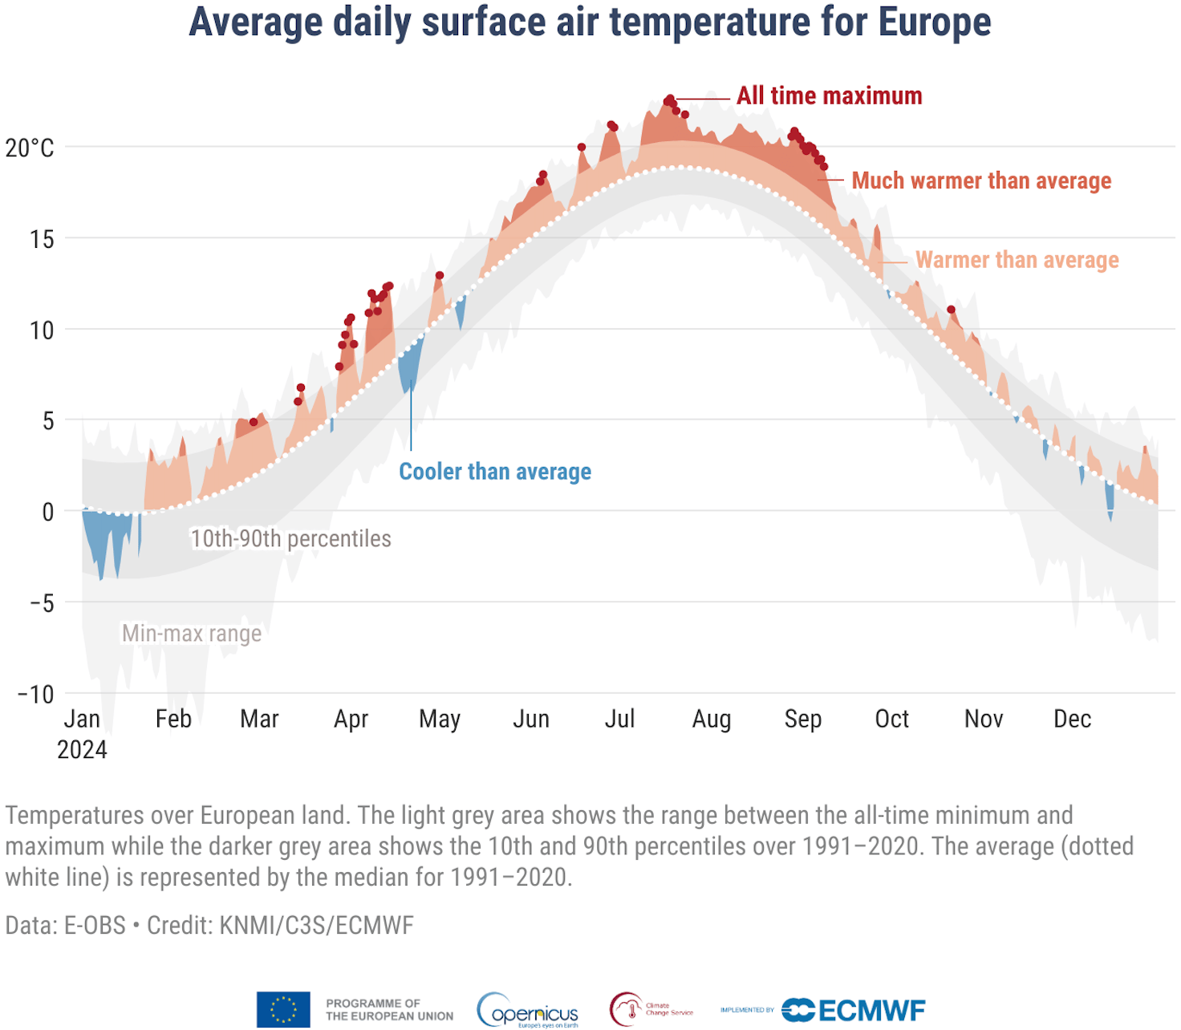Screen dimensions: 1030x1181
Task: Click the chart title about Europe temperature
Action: click(x=590, y=22)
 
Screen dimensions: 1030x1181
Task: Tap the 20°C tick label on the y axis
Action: click(x=30, y=148)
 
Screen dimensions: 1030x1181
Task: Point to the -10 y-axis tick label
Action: click(x=36, y=694)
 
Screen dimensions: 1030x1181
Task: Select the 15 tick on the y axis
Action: click(x=42, y=239)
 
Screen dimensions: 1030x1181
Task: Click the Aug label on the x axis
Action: click(x=711, y=719)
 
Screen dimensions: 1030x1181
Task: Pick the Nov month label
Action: click(x=983, y=719)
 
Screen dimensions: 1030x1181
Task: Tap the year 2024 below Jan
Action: click(x=82, y=750)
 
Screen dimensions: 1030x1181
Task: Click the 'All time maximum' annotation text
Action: click(x=829, y=96)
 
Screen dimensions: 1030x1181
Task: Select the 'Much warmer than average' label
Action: click(x=980, y=181)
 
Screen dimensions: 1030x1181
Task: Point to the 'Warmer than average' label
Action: click(x=1017, y=261)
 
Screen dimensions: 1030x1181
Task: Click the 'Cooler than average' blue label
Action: click(x=495, y=472)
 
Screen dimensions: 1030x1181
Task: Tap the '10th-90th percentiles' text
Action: click(x=290, y=539)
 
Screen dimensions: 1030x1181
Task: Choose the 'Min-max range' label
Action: click(x=192, y=634)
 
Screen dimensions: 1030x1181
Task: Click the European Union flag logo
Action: click(x=283, y=1009)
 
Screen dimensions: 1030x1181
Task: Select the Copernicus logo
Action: click(x=528, y=1010)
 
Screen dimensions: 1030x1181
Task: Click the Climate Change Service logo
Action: click(x=650, y=1009)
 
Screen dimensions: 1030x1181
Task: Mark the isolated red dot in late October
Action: click(x=951, y=310)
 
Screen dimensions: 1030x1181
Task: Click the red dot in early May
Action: click(x=440, y=276)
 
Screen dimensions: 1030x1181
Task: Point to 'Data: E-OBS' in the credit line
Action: click(x=66, y=926)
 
